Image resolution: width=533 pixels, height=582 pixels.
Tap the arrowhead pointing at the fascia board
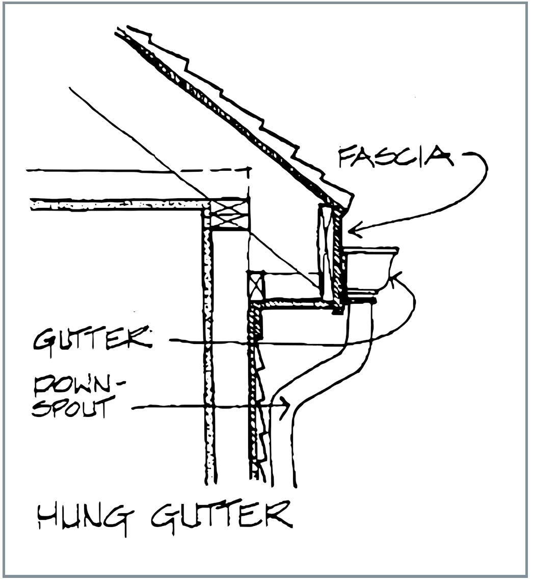pyautogui.click(x=353, y=231)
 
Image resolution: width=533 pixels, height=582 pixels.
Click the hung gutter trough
pyautogui.click(x=370, y=268)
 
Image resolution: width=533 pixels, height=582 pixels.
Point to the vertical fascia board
pyautogui.click(x=337, y=252)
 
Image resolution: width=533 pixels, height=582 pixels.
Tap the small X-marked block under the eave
pyautogui.click(x=256, y=285)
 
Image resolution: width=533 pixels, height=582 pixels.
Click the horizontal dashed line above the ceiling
pyautogui.click(x=138, y=170)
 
